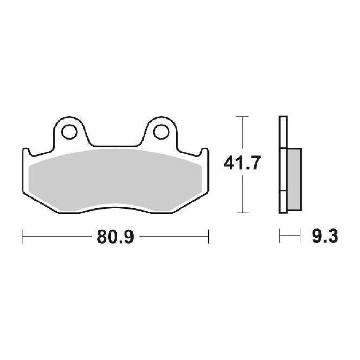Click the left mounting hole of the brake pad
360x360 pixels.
(69, 130)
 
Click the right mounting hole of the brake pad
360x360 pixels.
(160, 130)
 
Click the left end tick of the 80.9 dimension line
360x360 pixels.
(23, 236)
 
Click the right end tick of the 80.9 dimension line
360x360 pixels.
(209, 236)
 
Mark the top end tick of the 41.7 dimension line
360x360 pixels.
(243, 117)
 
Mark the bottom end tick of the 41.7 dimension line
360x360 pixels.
(243, 213)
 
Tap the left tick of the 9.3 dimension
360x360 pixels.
(279, 236)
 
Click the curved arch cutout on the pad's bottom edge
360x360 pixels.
(116, 208)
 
